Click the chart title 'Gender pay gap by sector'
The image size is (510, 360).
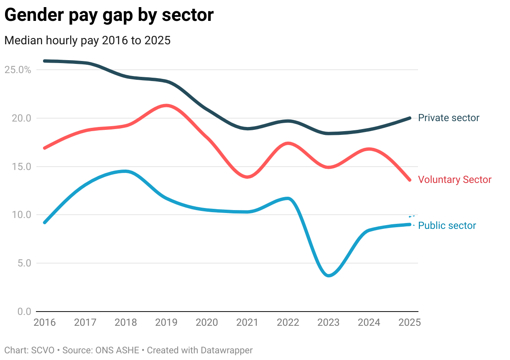click(109, 15)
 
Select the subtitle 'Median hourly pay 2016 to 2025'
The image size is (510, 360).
click(87, 41)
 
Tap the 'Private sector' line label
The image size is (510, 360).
click(449, 118)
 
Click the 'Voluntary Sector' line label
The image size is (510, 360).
click(455, 180)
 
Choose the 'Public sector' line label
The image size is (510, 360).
click(447, 226)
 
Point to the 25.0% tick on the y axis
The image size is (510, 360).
click(18, 70)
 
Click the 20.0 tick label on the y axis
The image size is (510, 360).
click(21, 118)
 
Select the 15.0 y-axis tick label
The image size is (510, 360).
click(21, 167)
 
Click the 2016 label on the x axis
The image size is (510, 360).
click(44, 322)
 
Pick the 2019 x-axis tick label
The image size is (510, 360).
click(166, 322)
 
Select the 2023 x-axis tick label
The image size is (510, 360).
click(329, 322)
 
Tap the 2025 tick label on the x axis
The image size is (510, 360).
click(409, 322)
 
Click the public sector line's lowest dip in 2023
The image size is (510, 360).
click(329, 276)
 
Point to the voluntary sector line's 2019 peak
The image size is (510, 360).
click(166, 105)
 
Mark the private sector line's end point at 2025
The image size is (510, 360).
click(410, 118)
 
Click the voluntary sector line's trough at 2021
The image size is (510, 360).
click(248, 177)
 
